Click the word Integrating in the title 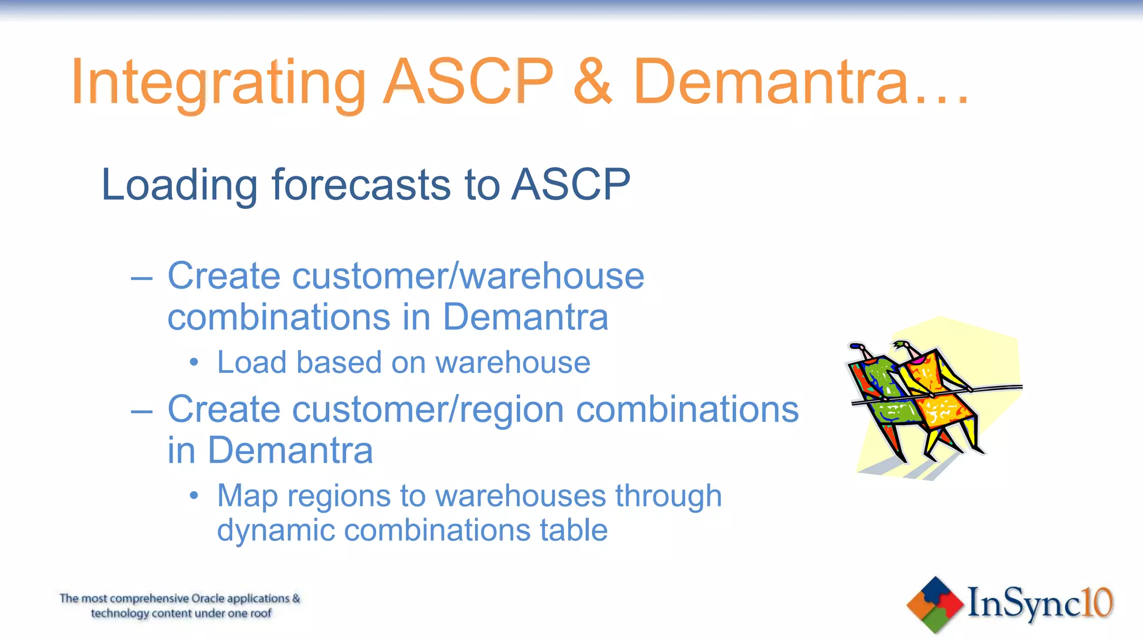(218, 83)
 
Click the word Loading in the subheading (179, 185)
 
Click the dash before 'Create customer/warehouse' (142, 277)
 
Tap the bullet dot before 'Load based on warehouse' (194, 363)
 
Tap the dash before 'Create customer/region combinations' (142, 411)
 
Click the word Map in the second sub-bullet (247, 497)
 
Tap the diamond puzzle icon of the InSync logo (935, 604)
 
